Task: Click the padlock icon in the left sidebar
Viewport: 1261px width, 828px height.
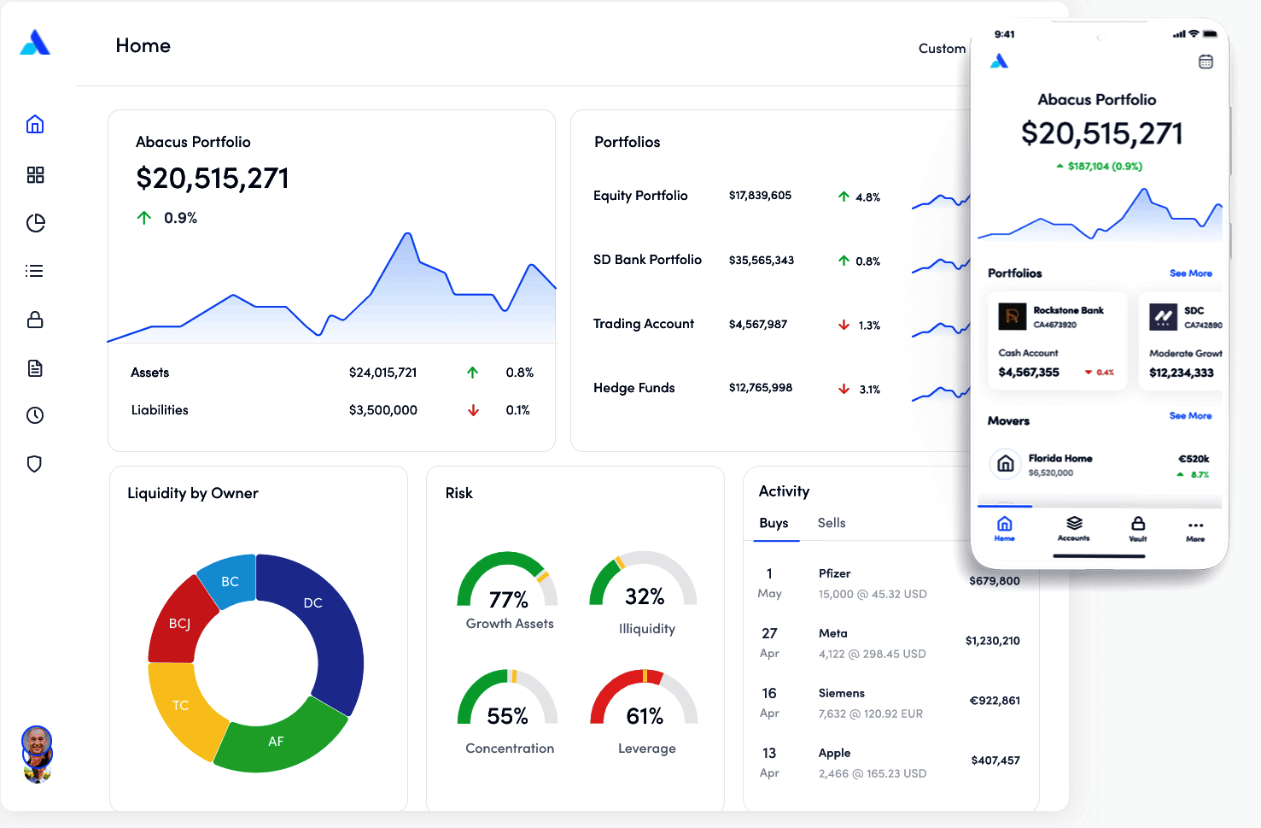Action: pos(35,320)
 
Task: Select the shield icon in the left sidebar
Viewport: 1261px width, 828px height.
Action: pos(35,464)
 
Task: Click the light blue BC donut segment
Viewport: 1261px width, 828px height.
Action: pos(229,580)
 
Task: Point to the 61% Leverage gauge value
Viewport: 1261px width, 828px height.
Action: pos(645,715)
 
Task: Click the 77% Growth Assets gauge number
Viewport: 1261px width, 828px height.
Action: pos(508,599)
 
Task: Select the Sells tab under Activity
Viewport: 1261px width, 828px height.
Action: pos(832,523)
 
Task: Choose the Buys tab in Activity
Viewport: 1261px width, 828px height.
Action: pos(774,523)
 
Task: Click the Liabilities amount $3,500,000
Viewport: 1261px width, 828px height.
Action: pos(383,410)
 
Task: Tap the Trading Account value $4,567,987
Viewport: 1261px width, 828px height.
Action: pos(758,324)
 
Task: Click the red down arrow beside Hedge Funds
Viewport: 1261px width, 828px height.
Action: pos(844,389)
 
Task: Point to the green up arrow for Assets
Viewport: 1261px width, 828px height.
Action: pos(473,373)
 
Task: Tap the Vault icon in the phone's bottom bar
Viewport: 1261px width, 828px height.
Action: pos(1138,527)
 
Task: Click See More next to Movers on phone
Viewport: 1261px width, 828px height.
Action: pos(1190,416)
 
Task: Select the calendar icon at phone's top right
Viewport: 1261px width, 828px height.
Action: pos(1206,62)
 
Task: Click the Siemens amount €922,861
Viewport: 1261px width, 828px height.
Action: pos(995,701)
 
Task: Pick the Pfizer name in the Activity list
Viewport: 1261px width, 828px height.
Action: pos(834,573)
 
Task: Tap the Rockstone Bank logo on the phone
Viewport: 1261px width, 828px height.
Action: pos(1012,317)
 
